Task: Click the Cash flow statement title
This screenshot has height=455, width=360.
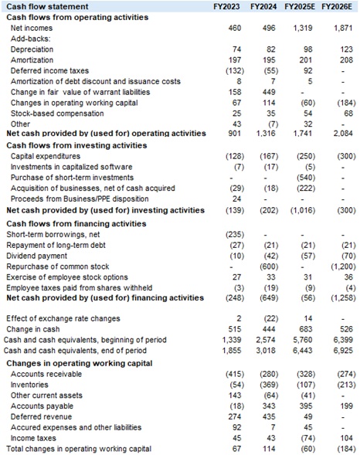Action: pyautogui.click(x=44, y=7)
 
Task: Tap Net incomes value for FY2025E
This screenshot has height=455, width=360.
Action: pyautogui.click(x=303, y=27)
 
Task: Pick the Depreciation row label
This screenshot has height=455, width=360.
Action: pyautogui.click(x=32, y=49)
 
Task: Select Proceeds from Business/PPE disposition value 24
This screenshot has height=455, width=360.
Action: pyautogui.click(x=236, y=199)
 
